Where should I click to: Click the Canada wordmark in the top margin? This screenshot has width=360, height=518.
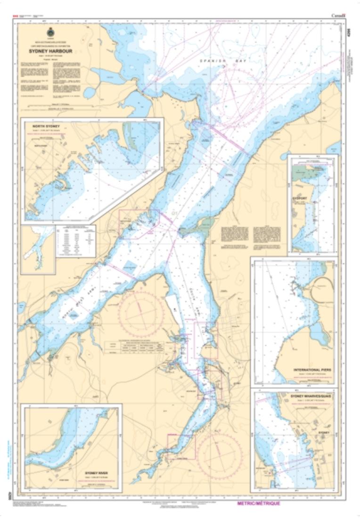(338, 16)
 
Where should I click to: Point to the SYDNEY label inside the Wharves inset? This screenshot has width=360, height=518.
(323, 432)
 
